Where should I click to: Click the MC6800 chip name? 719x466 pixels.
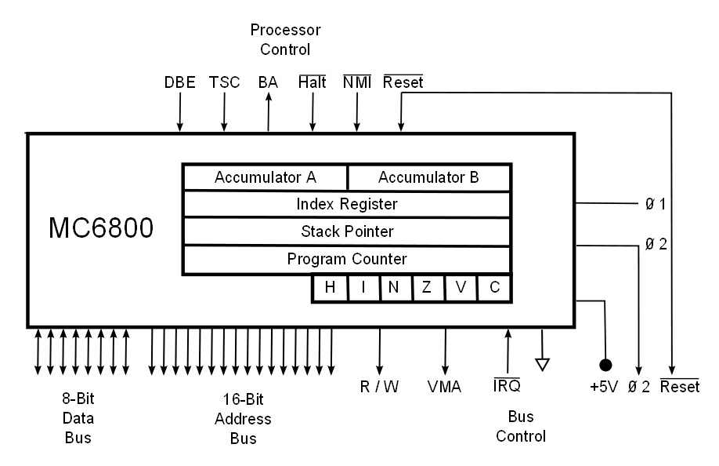click(101, 228)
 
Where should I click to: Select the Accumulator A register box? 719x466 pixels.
click(265, 177)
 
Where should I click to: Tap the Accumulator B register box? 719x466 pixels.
click(428, 177)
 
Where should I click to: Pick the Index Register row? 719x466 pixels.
click(346, 204)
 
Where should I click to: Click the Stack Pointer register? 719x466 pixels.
click(346, 231)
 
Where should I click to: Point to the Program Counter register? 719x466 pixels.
click(346, 259)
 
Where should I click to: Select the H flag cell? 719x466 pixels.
click(330, 288)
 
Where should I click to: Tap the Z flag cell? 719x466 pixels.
click(427, 288)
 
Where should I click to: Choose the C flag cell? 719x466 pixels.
click(494, 288)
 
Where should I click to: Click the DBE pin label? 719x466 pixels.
click(179, 82)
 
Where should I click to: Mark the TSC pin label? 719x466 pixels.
click(224, 82)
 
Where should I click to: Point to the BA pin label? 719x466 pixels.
click(268, 82)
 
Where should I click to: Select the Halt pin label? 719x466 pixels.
click(313, 82)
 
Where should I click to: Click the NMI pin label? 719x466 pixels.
click(357, 82)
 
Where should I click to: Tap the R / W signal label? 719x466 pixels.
click(379, 387)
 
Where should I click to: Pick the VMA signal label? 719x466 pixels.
click(444, 387)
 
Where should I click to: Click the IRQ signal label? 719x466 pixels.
click(507, 387)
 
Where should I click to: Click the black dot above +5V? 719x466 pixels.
click(605, 365)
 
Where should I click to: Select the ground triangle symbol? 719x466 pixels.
click(542, 363)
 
